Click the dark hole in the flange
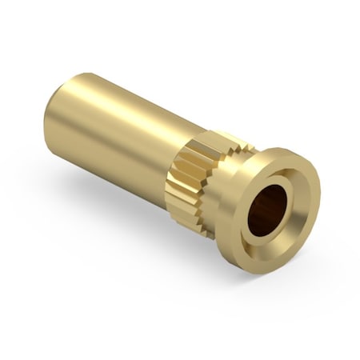(x=266, y=210)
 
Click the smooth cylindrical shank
(x=120, y=132)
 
